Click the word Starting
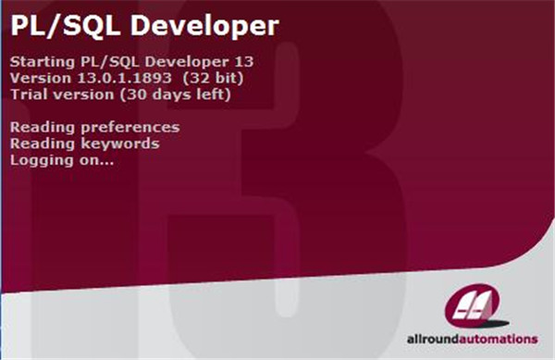click(37, 61)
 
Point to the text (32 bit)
click(200, 78)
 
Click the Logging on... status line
click(61, 160)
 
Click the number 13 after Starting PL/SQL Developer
click(244, 61)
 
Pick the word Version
click(36, 78)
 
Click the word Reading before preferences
click(37, 128)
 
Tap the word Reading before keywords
click(37, 143)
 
